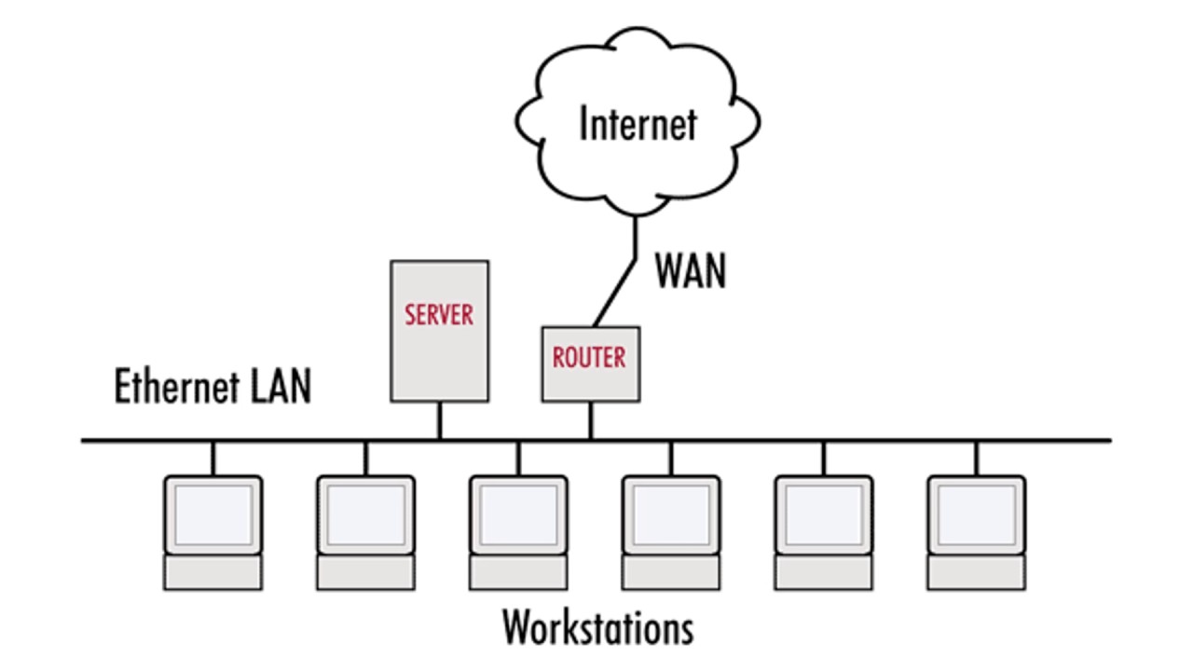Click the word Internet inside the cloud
click(x=638, y=124)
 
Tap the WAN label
click(x=689, y=270)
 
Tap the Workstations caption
click(x=597, y=627)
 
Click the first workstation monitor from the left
click(x=213, y=514)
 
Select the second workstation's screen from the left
click(x=365, y=514)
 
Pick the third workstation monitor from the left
click(x=518, y=514)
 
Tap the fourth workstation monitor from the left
click(x=671, y=514)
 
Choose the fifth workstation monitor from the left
click(x=824, y=514)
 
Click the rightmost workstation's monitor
click(x=977, y=514)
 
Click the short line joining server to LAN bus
click(x=439, y=420)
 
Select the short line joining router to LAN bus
click(x=590, y=420)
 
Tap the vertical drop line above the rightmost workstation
click(x=977, y=458)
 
